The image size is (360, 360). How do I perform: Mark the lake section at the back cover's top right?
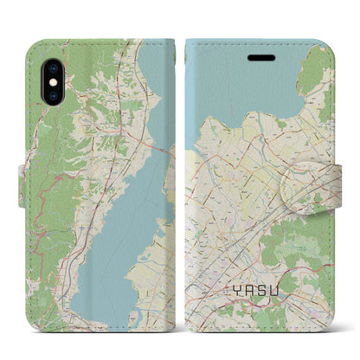(156, 78)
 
